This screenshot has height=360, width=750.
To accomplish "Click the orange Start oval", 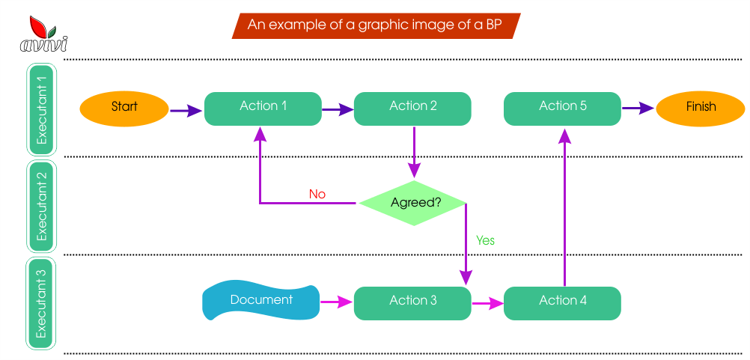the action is [124, 109].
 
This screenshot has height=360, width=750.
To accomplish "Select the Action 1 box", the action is [263, 109].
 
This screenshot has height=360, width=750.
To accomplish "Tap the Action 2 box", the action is [412, 109].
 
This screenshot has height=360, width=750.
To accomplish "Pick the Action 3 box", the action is [412, 303].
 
